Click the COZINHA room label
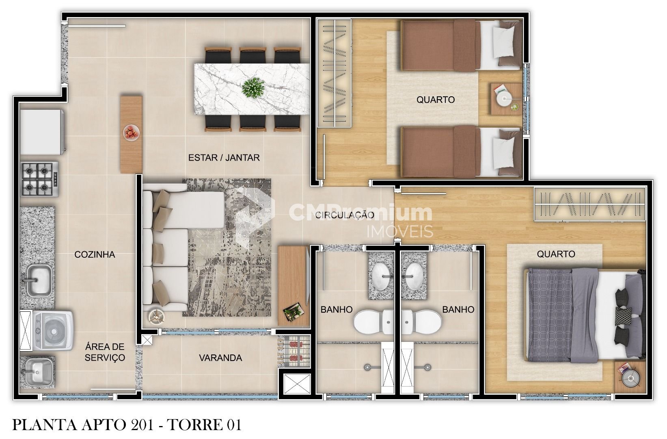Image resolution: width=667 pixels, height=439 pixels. click(95, 254)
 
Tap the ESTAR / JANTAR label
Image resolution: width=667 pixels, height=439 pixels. click(224, 157)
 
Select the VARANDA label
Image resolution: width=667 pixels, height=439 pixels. click(220, 358)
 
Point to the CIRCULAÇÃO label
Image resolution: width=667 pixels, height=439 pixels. click(345, 215)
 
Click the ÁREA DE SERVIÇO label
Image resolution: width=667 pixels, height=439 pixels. click(105, 352)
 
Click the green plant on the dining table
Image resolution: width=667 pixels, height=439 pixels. click(253, 87)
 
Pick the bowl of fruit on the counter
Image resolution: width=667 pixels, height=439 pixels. click(131, 133)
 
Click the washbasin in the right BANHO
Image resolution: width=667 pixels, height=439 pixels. click(414, 276)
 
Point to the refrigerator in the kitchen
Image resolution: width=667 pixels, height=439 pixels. click(42, 132)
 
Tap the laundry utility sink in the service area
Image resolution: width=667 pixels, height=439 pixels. click(38, 373)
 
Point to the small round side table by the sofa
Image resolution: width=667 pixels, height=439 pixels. click(157, 316)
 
